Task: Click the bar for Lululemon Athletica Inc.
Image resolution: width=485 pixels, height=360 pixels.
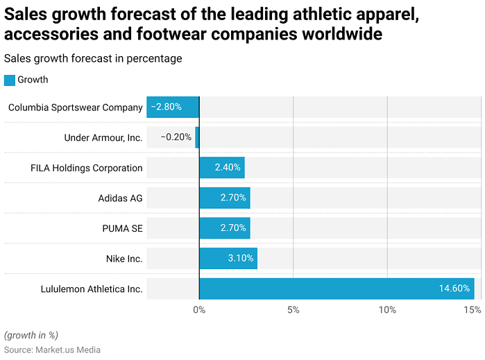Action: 337,289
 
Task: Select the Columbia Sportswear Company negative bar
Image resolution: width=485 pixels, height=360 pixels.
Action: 173,107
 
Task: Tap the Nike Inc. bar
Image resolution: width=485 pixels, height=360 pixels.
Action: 228,259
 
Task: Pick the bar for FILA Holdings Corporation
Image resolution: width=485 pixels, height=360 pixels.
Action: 222,168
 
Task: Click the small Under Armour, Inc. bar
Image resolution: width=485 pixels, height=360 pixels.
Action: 197,137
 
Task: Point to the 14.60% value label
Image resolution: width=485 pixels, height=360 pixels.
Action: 454,289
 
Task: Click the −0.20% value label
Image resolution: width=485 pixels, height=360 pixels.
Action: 176,137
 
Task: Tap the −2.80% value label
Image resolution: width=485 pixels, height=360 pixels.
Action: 167,107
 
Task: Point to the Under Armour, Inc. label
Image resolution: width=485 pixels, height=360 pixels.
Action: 103,137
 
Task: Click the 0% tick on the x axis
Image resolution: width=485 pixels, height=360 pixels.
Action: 199,309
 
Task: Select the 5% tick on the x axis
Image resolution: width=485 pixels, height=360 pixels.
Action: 293,309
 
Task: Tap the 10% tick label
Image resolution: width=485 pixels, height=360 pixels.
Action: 386,309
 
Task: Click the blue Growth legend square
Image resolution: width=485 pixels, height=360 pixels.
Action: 9,80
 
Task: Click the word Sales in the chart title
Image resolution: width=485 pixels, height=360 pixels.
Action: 27,13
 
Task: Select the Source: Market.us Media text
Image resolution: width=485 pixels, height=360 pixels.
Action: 52,350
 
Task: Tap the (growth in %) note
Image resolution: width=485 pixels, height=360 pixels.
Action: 31,334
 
